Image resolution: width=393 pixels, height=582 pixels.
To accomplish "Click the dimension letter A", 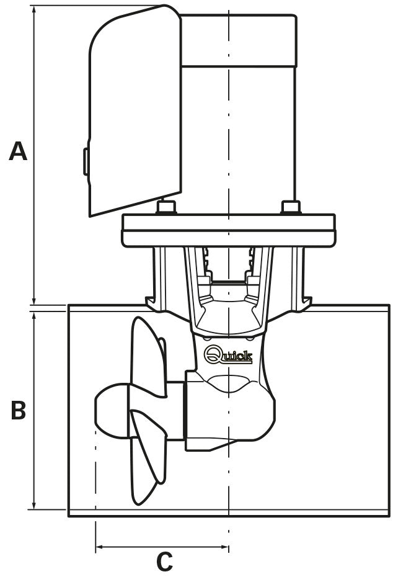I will coord(18,151).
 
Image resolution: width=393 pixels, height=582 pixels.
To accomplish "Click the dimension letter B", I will coord(19,410).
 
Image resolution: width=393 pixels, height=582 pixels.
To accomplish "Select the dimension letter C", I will coord(164,562).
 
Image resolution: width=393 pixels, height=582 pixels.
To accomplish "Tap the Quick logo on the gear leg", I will coord(228,355).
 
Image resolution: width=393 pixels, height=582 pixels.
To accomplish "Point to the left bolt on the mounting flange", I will coord(166,207).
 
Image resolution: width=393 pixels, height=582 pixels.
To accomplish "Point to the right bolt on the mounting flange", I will coord(290,207).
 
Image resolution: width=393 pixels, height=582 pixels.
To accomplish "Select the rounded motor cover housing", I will coord(133,112).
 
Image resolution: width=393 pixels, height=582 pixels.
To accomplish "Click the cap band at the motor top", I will coord(239,40).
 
